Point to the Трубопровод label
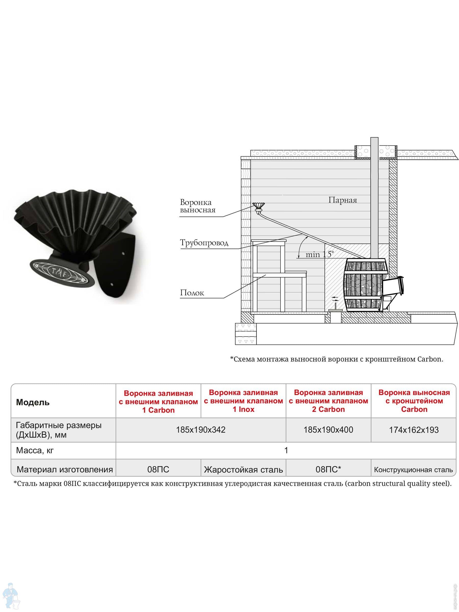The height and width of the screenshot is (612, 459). (x=204, y=243)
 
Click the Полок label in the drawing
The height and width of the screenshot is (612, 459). (x=192, y=292)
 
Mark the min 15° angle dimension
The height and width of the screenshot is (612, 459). (x=319, y=254)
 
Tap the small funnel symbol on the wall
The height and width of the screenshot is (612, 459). (x=258, y=206)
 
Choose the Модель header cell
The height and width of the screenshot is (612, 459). (x=33, y=402)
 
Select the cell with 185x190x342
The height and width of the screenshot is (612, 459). (x=201, y=430)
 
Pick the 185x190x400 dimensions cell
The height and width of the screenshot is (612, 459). (x=328, y=430)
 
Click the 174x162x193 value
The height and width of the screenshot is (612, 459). (x=414, y=430)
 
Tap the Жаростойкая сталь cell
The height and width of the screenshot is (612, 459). (x=243, y=469)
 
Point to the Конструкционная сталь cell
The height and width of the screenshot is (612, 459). (x=413, y=470)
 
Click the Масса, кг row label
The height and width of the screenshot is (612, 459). (x=35, y=450)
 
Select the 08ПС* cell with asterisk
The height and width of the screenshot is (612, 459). (x=328, y=469)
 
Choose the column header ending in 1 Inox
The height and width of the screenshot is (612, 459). (x=243, y=401)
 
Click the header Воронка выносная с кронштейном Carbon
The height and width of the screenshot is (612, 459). (x=414, y=401)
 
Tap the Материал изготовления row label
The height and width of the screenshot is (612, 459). (x=65, y=469)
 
